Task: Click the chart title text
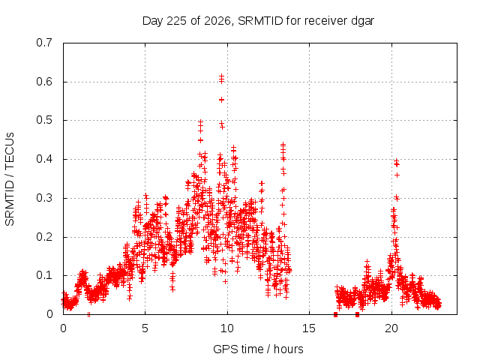(x=258, y=21)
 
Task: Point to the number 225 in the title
(x=178, y=21)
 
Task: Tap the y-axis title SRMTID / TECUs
(x=10, y=179)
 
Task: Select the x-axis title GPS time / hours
(x=258, y=349)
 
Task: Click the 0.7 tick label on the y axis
(x=44, y=43)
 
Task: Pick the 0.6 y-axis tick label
(x=44, y=82)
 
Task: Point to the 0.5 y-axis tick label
(x=44, y=120)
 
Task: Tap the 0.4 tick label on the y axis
(x=44, y=159)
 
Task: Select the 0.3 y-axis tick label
(x=44, y=198)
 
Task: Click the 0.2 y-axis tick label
(x=44, y=237)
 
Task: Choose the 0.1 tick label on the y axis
(x=44, y=275)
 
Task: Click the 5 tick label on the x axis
(x=145, y=328)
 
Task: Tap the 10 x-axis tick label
(x=227, y=328)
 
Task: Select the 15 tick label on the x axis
(x=309, y=328)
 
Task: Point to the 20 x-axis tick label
(x=391, y=328)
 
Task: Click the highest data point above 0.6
(x=222, y=76)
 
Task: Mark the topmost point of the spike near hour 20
(x=396, y=160)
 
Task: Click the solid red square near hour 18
(x=357, y=314)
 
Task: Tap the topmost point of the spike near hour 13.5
(x=283, y=143)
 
